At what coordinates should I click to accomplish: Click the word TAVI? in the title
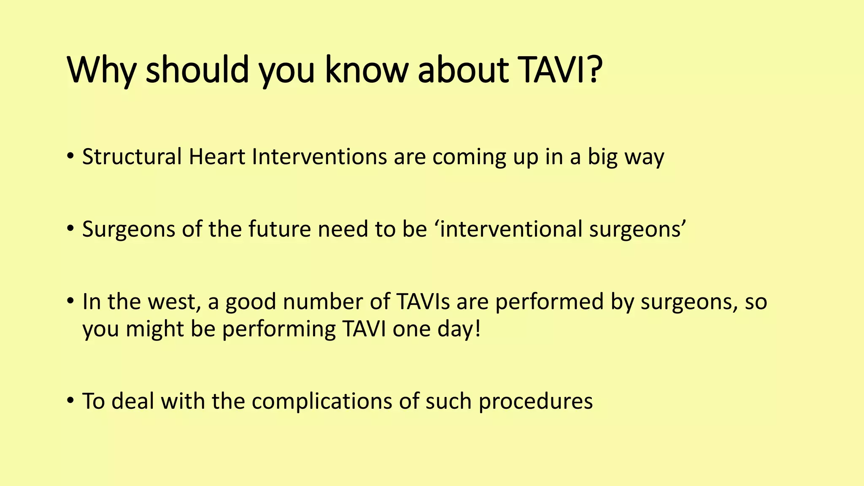tap(560, 70)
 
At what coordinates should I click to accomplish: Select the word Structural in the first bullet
tap(132, 157)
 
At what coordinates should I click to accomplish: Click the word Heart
tap(217, 157)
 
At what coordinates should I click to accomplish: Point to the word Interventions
tap(319, 157)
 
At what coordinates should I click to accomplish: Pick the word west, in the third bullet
tap(169, 302)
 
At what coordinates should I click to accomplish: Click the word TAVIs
tap(423, 302)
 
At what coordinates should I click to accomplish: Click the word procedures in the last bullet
tap(535, 401)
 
